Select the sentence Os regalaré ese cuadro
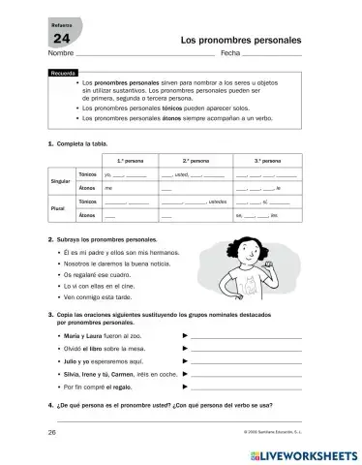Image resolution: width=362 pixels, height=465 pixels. (101, 274)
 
